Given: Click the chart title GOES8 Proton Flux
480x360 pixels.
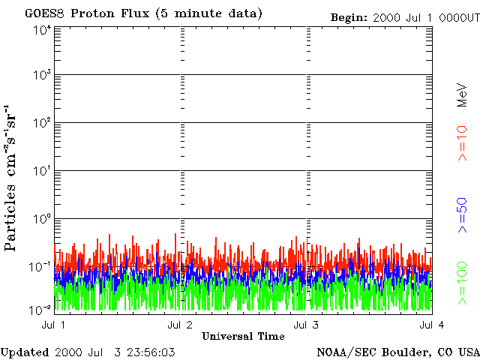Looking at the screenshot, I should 143,13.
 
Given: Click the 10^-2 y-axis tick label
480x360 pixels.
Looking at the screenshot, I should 40,310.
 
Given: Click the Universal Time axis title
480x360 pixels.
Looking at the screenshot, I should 243,336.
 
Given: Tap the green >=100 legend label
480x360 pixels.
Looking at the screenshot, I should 463,283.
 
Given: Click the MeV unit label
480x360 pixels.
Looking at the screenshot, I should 462,96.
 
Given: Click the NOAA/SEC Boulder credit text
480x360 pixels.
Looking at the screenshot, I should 397,352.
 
